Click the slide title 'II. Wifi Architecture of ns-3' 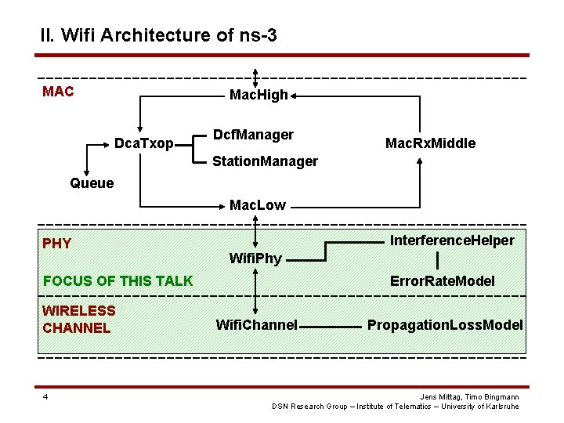[158, 35]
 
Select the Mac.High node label [258, 95]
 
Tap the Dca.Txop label [143, 143]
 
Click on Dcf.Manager [253, 135]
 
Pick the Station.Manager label [266, 161]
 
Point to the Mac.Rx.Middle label [430, 143]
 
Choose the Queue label [92, 183]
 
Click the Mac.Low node [257, 205]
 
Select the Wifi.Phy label [255, 258]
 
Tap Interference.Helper [452, 240]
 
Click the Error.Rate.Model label [443, 280]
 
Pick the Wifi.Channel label [256, 324]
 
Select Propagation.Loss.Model [445, 324]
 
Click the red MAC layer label [58, 92]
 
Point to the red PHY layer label [56, 243]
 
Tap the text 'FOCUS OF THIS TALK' [117, 280]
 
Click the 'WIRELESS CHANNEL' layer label [78, 320]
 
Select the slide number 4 [45, 396]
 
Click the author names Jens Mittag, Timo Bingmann [470, 396]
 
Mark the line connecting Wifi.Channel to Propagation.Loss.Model [329, 325]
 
